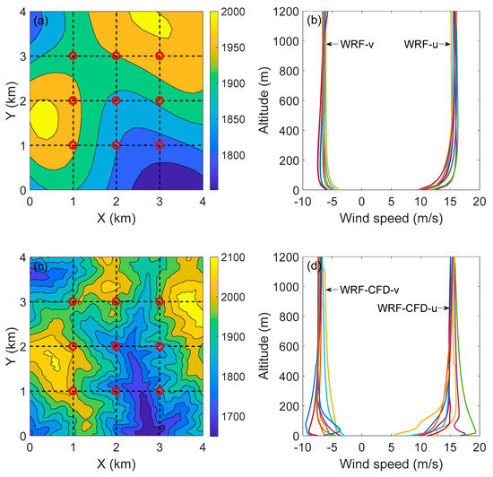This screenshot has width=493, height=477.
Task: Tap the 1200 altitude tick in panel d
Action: click(x=287, y=258)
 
